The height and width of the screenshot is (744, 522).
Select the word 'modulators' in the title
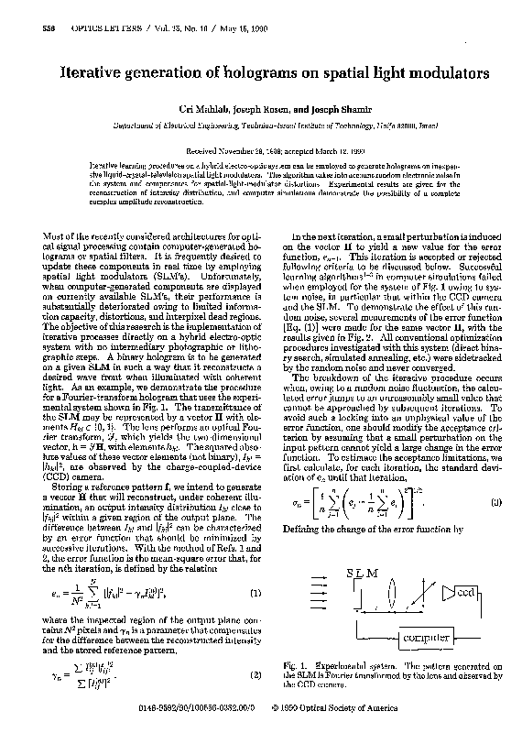[447, 71]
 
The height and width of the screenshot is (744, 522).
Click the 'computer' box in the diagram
[419, 637]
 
